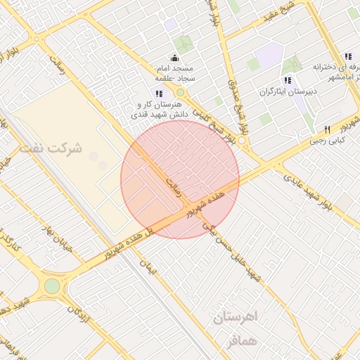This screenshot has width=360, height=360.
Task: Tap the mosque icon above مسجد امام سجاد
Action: pos(174,58)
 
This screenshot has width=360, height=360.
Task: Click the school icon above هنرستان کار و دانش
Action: pos(160,93)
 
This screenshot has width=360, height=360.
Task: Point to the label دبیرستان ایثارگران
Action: pos(288,91)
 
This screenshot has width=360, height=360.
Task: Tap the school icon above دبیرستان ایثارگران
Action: pos(288,81)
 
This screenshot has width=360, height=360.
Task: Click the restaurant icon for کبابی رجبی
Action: pos(327,130)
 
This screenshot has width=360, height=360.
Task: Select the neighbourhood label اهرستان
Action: pos(235,317)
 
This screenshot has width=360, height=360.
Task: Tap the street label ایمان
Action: pos(155,268)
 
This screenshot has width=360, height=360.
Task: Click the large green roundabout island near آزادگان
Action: pos(52,286)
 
